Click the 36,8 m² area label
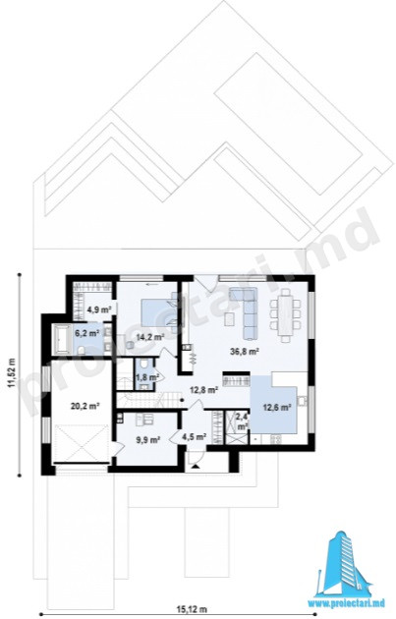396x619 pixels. point(244,351)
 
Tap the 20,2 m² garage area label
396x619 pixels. point(85,406)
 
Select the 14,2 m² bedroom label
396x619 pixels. point(149,337)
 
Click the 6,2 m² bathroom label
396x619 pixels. point(86,334)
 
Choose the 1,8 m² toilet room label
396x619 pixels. point(147,376)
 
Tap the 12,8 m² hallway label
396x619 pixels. point(203,390)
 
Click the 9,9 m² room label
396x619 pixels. point(148,439)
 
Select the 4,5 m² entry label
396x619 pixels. point(195,436)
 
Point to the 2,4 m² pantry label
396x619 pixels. point(242,421)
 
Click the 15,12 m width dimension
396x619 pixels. point(192,609)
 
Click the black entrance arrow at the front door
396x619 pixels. point(195,467)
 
